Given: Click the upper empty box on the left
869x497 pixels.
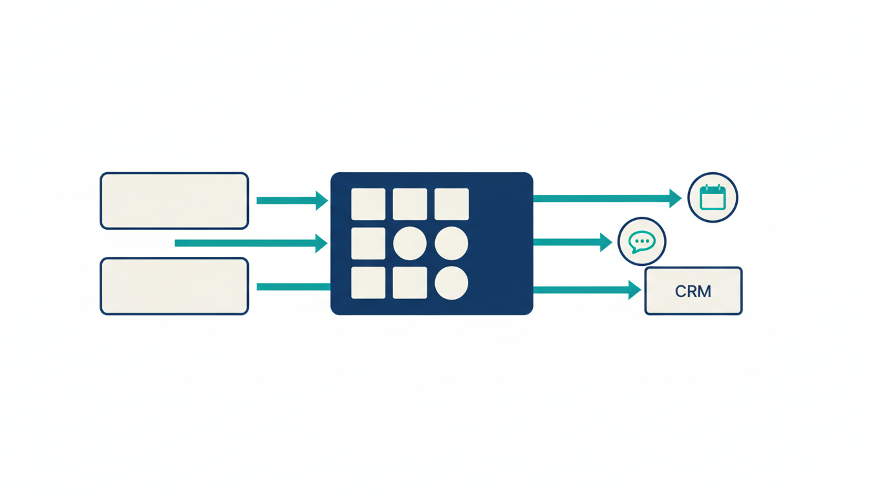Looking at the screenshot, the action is tap(174, 201).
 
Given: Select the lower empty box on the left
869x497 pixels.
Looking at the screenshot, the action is tap(174, 286).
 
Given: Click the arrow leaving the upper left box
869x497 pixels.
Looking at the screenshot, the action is tap(292, 201).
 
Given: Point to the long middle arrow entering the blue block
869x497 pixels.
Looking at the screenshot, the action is tap(251, 243).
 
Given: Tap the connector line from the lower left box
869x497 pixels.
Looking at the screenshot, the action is tap(294, 287).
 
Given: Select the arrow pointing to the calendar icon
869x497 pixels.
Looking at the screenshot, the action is tap(607, 199).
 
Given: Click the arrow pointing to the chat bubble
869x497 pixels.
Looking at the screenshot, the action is tap(573, 242).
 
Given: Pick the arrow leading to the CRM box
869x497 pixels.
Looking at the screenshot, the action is tap(587, 290).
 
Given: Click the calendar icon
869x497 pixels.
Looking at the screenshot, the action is tap(713, 197).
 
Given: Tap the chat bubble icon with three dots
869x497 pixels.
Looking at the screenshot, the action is tap(642, 242).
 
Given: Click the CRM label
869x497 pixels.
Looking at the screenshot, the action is tap(693, 291).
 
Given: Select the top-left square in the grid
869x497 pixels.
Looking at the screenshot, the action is tap(368, 204).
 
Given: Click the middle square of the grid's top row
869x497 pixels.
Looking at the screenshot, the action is tap(410, 204).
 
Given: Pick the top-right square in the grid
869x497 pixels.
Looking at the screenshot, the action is tap(451, 204).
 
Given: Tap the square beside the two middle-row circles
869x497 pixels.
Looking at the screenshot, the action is tap(368, 243).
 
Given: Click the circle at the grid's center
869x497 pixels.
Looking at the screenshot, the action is tap(410, 243).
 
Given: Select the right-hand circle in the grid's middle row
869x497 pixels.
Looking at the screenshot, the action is tap(451, 243).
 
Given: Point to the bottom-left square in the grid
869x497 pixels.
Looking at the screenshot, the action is tap(368, 283).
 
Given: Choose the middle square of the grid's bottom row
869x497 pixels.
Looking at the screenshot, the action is tap(410, 283).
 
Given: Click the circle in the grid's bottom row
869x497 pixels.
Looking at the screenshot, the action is tap(451, 283).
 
